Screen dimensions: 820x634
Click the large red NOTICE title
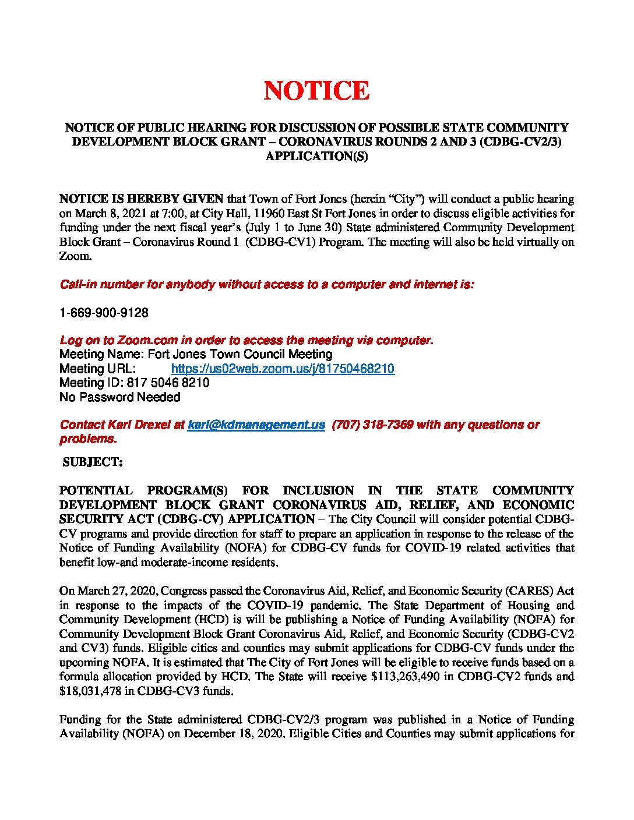(x=316, y=91)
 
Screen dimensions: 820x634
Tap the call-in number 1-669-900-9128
(x=104, y=313)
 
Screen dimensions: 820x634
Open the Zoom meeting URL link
(x=283, y=369)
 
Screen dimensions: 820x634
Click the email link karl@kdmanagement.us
(x=256, y=425)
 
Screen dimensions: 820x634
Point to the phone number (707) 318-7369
(x=372, y=425)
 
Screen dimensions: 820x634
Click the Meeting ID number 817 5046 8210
(x=168, y=383)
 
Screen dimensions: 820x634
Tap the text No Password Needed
(x=120, y=397)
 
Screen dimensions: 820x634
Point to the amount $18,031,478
(x=89, y=691)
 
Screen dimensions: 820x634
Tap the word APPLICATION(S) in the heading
(x=316, y=156)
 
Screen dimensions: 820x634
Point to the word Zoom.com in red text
(x=147, y=341)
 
